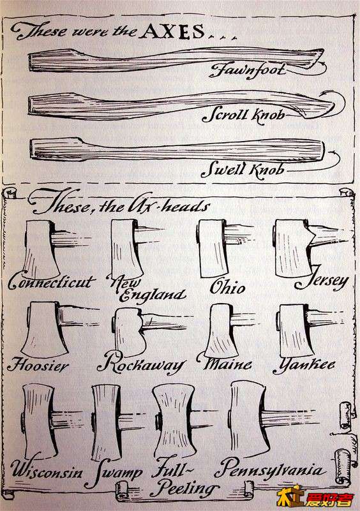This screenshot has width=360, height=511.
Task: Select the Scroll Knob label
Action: (x=243, y=116)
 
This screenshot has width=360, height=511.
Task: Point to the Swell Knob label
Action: (x=243, y=170)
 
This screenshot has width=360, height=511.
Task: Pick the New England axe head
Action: (x=126, y=249)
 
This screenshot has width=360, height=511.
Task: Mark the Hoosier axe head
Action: (x=44, y=329)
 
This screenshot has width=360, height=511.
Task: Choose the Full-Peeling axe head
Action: (x=174, y=420)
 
